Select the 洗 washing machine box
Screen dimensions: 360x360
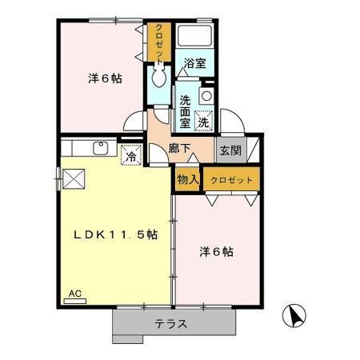(x=203, y=122)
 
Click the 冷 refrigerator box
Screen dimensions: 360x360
(x=130, y=155)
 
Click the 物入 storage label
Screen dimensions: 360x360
(x=187, y=180)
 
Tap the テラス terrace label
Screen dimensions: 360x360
(x=172, y=325)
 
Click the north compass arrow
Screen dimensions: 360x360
(x=295, y=317)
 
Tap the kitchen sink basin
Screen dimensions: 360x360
(x=101, y=148)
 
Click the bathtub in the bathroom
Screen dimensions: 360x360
(x=194, y=37)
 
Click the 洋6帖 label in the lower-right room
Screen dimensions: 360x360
(x=216, y=251)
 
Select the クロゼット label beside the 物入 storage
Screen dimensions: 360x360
(x=233, y=180)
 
